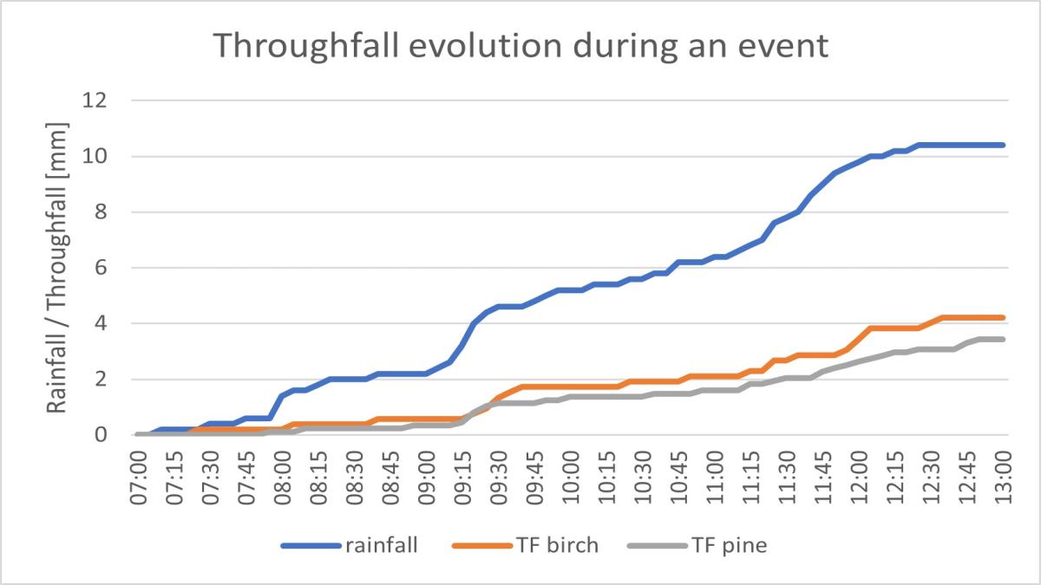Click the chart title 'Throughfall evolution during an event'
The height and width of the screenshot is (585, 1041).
point(520,45)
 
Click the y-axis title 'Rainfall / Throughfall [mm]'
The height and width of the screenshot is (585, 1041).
point(57,267)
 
